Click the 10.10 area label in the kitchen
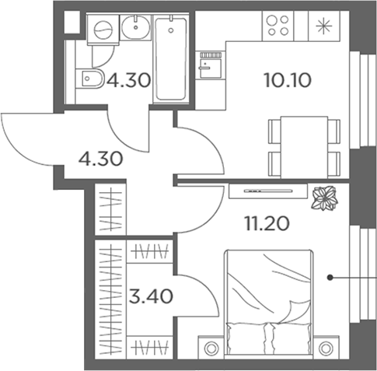point(288,80)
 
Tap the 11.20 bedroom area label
point(267,223)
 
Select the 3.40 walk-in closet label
point(151,296)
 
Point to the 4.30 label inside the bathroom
point(129,80)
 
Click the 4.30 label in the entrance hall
point(100,159)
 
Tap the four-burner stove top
point(278,26)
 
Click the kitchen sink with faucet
point(211,65)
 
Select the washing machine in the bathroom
point(103,30)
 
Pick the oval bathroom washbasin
point(135,27)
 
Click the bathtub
point(171,59)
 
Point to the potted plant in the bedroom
point(325,198)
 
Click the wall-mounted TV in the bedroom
point(268,191)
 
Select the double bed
point(269,302)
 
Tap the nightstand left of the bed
point(211,348)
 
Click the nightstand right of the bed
point(326,348)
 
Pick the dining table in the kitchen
point(304,147)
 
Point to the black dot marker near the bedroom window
point(330,278)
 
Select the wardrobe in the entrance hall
point(110,209)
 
